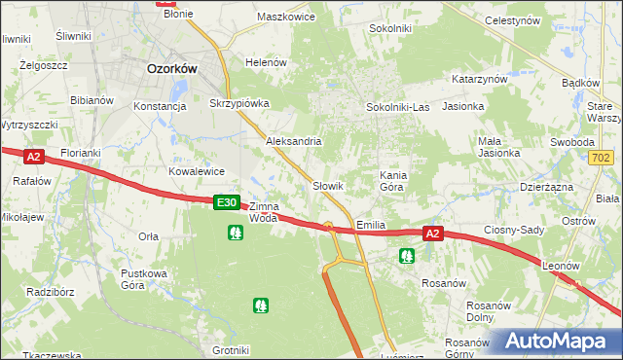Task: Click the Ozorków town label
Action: [171, 69]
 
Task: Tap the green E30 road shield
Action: [226, 202]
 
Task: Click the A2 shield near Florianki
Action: [34, 156]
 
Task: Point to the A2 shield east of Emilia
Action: [434, 234]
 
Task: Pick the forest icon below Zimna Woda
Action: [235, 233]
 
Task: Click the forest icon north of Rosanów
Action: [407, 256]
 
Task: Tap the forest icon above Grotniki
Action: [261, 306]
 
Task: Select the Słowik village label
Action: [329, 185]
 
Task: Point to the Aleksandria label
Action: [294, 141]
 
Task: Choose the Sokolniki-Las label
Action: [397, 107]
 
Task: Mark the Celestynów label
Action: [538, 20]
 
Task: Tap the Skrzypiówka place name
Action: [239, 102]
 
